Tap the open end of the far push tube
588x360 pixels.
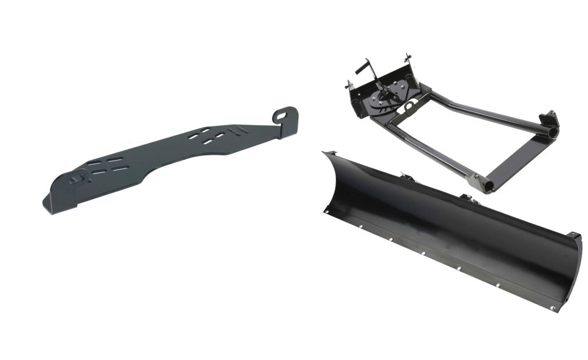coord(553,134)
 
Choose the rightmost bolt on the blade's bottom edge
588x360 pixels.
coord(552,308)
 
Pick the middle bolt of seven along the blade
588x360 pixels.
coord(424,254)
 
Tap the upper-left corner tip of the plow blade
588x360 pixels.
coord(324,153)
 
